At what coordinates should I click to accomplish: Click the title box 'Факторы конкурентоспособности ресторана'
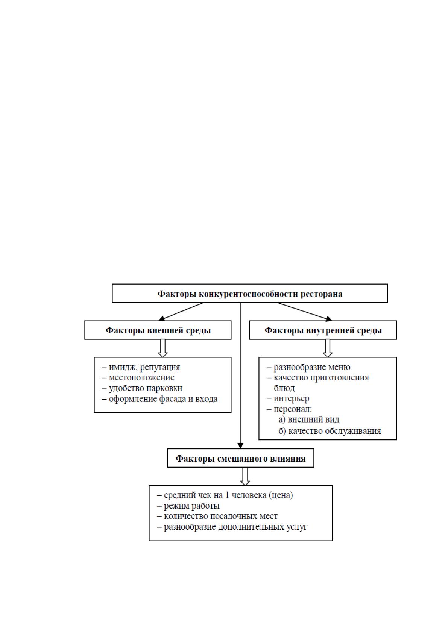click(250, 293)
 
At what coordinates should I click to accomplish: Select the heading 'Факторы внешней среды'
click(158, 330)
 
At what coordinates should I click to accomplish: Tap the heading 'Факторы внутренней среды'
click(323, 330)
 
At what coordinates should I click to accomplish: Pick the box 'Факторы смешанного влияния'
click(240, 458)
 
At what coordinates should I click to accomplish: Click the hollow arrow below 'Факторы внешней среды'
click(162, 348)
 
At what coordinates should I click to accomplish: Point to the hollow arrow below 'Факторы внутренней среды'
click(328, 348)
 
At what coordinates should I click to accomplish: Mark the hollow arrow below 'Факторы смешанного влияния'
click(245, 477)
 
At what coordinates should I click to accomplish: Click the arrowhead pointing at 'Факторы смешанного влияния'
click(240, 446)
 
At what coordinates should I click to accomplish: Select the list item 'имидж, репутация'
click(144, 367)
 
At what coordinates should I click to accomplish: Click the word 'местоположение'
click(142, 378)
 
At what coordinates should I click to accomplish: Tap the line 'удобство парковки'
click(146, 388)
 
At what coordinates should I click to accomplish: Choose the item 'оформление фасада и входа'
click(163, 399)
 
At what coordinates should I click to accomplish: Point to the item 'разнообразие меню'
click(312, 367)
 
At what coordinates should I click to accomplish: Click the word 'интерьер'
click(292, 398)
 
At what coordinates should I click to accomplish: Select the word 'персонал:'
click(293, 409)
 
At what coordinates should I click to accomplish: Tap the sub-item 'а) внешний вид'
click(309, 419)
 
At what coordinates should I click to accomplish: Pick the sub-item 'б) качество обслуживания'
click(330, 431)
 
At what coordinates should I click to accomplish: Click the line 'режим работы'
click(192, 506)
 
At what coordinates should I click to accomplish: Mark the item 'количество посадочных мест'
click(220, 516)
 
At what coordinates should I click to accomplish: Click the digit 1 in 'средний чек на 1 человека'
click(227, 495)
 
